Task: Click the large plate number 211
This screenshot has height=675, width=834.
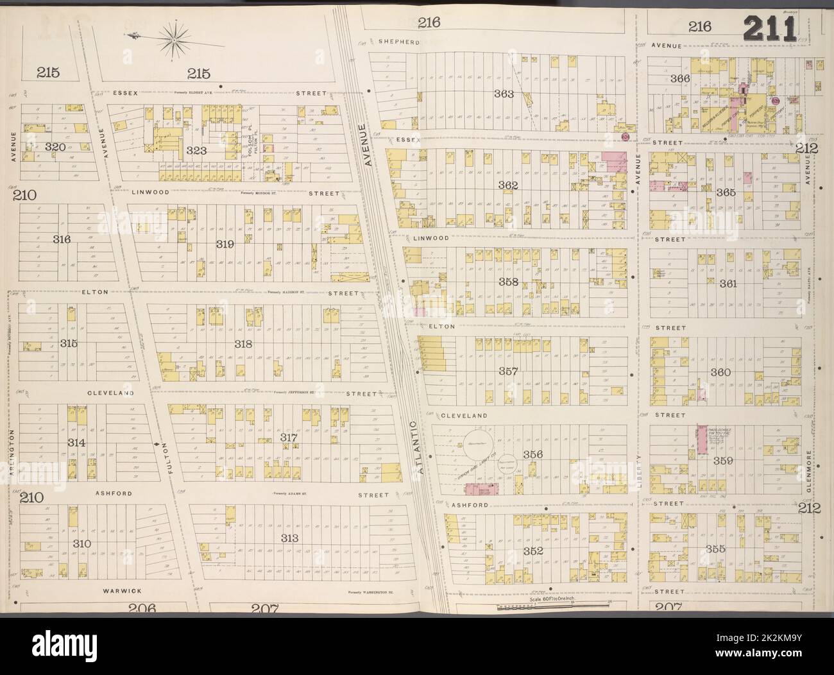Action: pos(770,29)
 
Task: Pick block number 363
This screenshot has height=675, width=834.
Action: pos(504,94)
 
